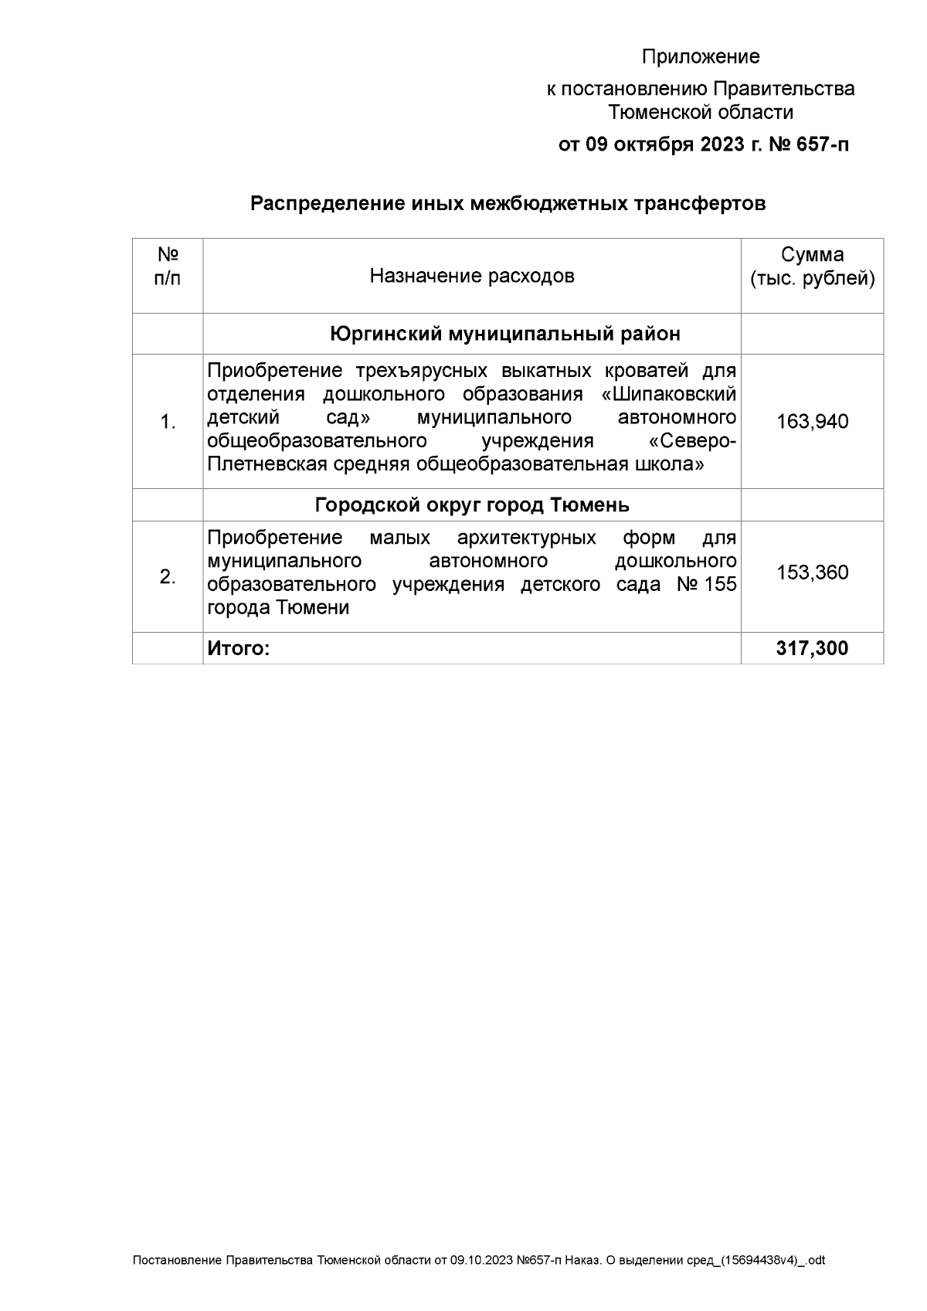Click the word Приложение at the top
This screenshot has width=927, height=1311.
coord(701,56)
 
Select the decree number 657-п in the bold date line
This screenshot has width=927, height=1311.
coord(819,144)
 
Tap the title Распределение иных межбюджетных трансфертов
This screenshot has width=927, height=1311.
coord(508,204)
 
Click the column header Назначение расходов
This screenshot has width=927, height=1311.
coord(471,276)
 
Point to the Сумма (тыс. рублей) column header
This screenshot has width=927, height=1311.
coord(812,267)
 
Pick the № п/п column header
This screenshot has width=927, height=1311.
coord(168,267)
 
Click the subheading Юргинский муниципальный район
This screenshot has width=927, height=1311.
coord(505,334)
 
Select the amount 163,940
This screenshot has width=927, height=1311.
coord(812,422)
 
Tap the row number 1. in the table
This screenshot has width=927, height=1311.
coord(168,422)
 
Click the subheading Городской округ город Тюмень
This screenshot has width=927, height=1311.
coord(472,505)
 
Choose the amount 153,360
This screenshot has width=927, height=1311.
coord(812,572)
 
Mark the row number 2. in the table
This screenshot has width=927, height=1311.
coord(168,576)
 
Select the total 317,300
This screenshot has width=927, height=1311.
coord(812,649)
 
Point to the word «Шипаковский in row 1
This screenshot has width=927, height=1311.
coord(668,394)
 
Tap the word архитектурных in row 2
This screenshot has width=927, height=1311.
coord(526,538)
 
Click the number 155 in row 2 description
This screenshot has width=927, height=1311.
coord(720,584)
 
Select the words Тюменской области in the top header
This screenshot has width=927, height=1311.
coord(701,112)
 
